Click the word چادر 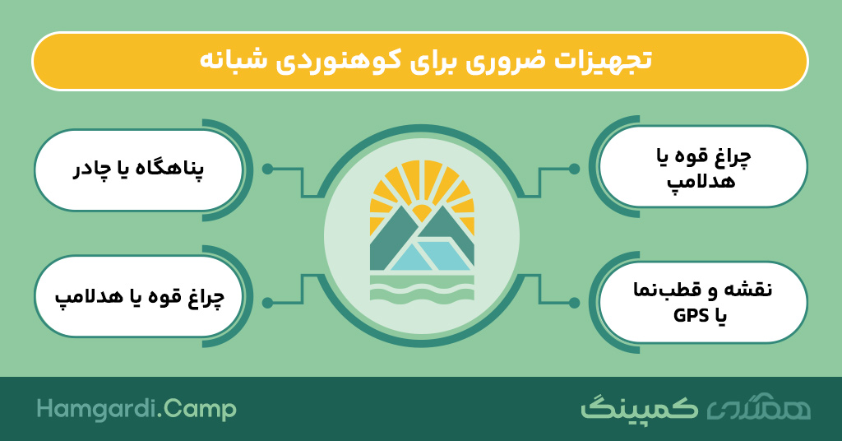91,169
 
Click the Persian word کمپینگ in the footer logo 639,409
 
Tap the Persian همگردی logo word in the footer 758,409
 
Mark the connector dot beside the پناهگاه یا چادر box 267,169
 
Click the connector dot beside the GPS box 574,303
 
